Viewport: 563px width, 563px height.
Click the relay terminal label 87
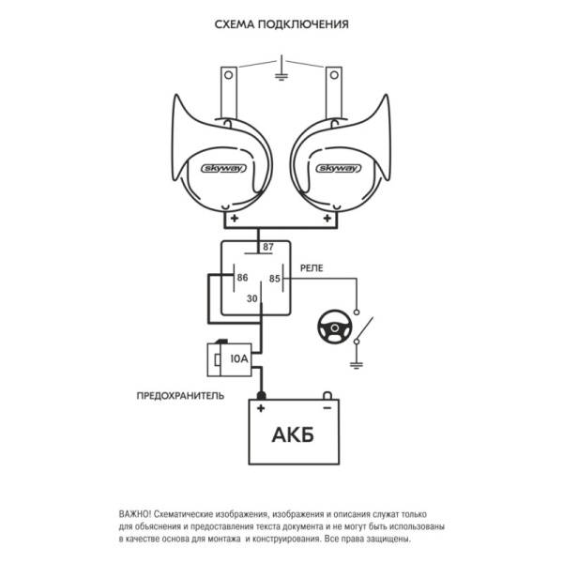[x=268, y=247]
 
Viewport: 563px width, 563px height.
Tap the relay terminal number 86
[x=242, y=278]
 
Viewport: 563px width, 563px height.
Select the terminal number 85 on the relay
[x=274, y=279]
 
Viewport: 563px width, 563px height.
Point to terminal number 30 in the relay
[x=252, y=298]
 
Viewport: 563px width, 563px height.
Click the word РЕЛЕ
[x=312, y=268]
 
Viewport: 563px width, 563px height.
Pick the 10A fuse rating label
[x=239, y=358]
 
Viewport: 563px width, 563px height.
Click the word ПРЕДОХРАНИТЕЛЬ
[x=180, y=396]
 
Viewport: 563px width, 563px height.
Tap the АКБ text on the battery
[x=293, y=434]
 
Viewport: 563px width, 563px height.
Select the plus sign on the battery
[x=261, y=408]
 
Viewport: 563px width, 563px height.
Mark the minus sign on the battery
[x=327, y=408]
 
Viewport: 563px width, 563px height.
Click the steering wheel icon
[x=334, y=327]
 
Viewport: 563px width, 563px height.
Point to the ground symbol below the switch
[x=357, y=366]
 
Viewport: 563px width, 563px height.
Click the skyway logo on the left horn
[x=223, y=168]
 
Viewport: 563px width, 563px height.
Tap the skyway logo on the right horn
[x=339, y=168]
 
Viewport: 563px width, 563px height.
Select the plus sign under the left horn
[x=235, y=218]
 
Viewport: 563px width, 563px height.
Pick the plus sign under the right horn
[x=327, y=218]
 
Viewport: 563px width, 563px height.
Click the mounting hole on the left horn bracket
[x=228, y=75]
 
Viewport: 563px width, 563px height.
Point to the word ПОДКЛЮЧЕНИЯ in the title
[x=303, y=24]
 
